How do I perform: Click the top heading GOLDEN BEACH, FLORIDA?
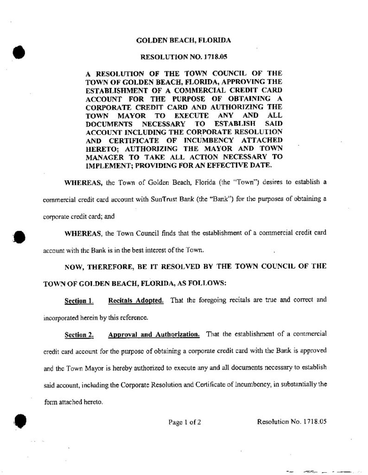184,41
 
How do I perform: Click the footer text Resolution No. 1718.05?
292,422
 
